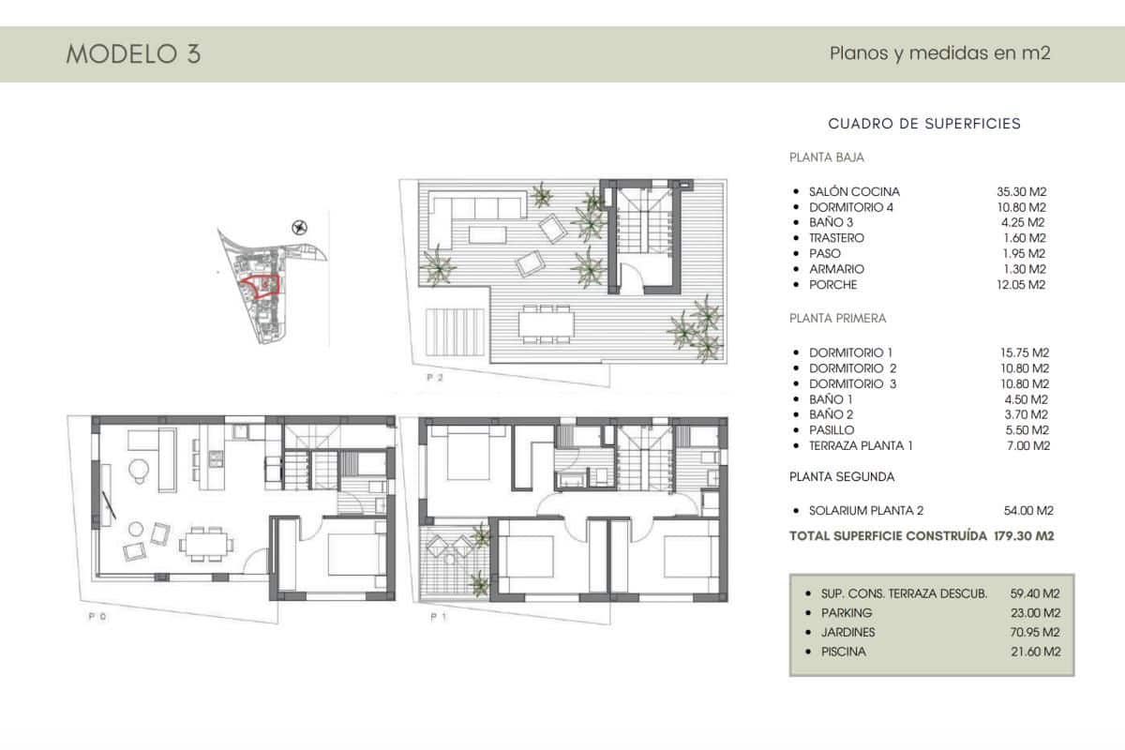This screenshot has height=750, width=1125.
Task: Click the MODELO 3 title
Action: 133,53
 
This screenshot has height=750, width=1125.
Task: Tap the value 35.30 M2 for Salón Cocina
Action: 1021,191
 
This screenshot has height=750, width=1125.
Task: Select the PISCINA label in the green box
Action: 842,651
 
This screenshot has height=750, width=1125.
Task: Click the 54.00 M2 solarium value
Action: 1028,511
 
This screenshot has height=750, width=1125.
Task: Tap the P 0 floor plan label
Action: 97,617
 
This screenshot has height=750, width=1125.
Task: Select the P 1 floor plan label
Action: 436,617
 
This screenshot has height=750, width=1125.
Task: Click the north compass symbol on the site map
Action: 300,225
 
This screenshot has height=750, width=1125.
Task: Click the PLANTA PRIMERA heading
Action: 837,318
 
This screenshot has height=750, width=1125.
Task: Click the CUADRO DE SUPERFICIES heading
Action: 924,123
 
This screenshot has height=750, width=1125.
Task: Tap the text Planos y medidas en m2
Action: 939,53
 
